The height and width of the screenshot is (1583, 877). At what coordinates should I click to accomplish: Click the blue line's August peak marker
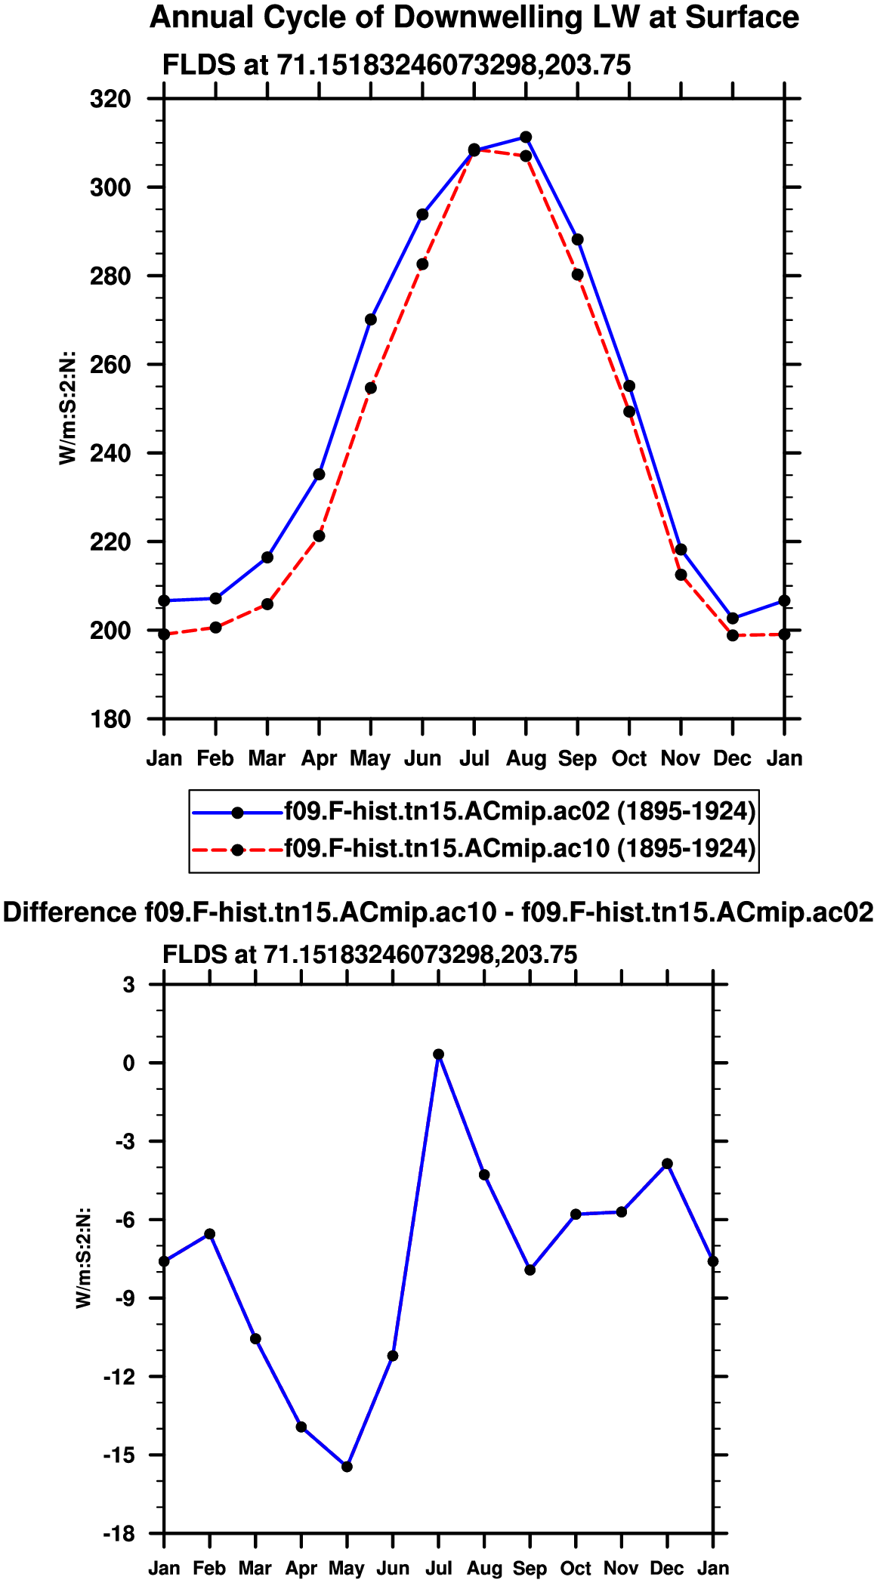click(526, 137)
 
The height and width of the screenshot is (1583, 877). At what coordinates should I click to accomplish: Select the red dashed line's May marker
click(371, 388)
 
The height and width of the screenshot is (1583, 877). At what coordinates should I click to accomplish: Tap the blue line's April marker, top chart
click(319, 474)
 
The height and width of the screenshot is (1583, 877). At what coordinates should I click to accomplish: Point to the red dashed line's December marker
click(732, 635)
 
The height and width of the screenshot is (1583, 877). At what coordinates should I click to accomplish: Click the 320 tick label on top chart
click(110, 99)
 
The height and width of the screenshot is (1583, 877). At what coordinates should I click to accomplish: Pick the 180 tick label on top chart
click(110, 720)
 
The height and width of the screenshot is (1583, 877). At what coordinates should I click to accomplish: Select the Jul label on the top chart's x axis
click(474, 758)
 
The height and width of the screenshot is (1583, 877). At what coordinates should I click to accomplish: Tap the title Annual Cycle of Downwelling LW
click(474, 17)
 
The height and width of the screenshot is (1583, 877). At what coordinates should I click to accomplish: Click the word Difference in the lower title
click(69, 912)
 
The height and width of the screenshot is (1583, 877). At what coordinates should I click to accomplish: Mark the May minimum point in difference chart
click(347, 1467)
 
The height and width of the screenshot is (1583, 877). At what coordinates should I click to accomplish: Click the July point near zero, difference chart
click(438, 1054)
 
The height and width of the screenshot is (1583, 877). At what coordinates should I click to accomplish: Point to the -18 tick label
click(119, 1534)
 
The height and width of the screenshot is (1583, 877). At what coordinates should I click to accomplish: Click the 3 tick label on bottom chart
click(130, 985)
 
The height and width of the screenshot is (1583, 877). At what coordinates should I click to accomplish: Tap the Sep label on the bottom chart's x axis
click(530, 1569)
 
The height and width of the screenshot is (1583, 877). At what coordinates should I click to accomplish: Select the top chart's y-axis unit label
click(67, 408)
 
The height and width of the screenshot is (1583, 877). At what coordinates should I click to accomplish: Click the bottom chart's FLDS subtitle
click(369, 955)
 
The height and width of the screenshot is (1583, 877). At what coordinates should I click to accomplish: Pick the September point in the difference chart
click(530, 1270)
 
